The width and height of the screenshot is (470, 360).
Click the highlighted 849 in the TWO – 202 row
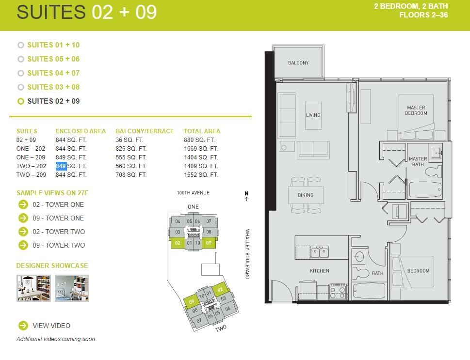[x=61, y=166]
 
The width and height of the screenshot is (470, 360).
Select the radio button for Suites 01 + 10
[x=21, y=45]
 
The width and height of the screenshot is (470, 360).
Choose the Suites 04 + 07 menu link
[x=53, y=73]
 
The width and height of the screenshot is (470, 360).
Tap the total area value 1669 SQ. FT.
[x=201, y=149]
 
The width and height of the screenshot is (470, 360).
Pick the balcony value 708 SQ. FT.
[x=131, y=174]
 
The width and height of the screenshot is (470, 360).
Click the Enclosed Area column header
[x=81, y=131]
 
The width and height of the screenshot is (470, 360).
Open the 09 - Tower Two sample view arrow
[x=23, y=245]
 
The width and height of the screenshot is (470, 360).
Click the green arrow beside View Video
[x=23, y=326]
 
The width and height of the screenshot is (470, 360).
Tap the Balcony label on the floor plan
[x=298, y=63]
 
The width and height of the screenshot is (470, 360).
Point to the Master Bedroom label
[x=416, y=110]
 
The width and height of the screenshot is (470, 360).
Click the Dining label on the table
[x=306, y=195]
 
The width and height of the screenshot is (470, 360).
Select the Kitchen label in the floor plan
[x=320, y=271]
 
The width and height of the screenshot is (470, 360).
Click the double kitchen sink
[x=319, y=252]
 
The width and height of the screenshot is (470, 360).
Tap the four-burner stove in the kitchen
[x=338, y=291]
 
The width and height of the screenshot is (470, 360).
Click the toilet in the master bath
[x=434, y=172]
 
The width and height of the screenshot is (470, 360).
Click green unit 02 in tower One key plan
[x=178, y=243]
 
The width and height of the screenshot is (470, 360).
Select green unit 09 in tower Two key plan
[x=192, y=301]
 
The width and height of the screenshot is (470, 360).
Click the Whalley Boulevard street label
[x=247, y=254]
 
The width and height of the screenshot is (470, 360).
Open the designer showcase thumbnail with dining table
[x=33, y=288]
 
